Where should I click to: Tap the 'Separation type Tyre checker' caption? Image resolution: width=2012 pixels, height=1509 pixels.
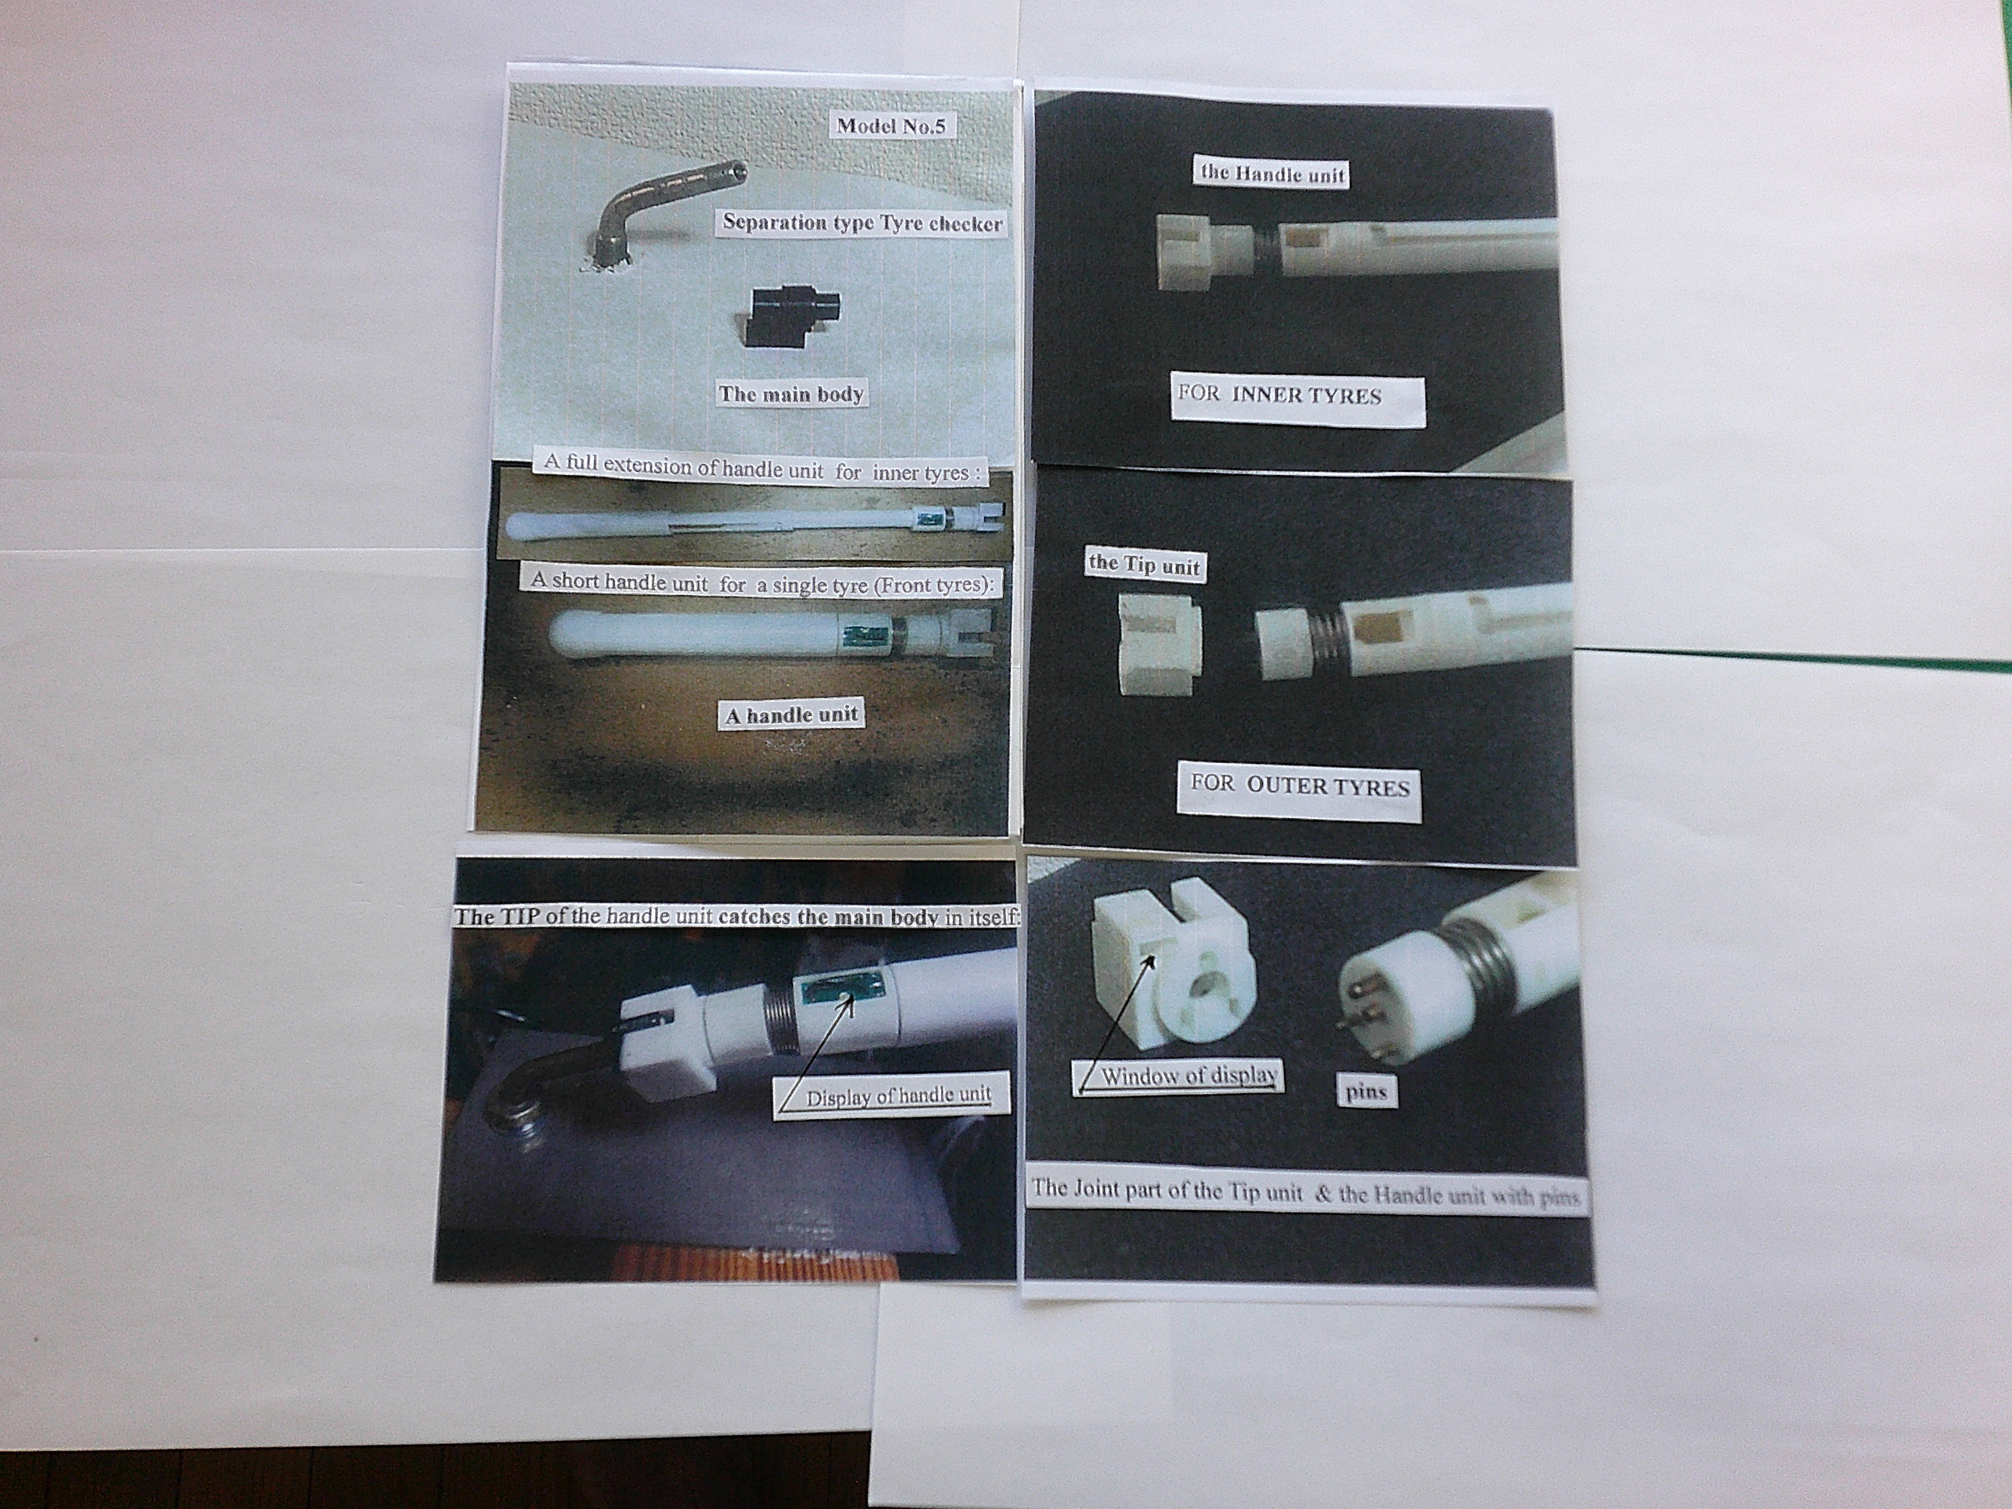[861, 223]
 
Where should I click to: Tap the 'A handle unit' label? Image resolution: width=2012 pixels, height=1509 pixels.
[791, 715]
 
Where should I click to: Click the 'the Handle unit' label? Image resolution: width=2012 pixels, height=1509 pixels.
[1272, 174]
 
